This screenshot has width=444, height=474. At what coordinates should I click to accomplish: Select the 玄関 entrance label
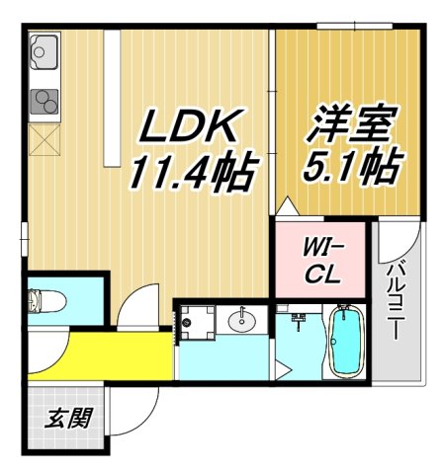point(66,418)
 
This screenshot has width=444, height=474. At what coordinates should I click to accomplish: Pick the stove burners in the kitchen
point(44,101)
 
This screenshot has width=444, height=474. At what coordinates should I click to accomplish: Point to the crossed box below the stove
point(45,140)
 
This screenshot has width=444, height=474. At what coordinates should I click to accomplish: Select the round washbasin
point(242,320)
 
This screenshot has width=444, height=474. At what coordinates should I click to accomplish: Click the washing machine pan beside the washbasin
point(194,321)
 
